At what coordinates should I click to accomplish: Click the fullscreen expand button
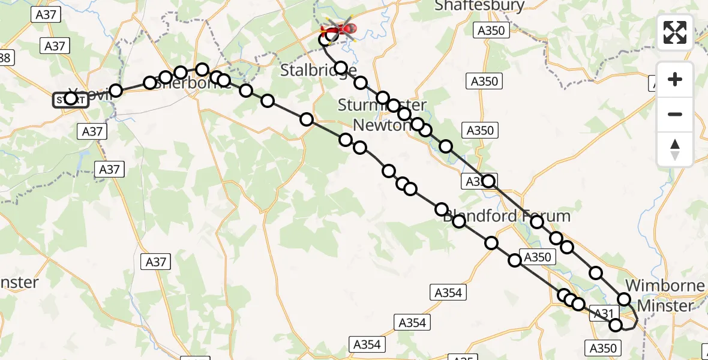pos(675,32)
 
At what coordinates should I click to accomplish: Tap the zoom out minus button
pos(675,114)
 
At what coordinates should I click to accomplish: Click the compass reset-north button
pos(675,149)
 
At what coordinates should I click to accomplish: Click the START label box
pos(71,100)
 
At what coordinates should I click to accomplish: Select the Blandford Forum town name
pos(506,216)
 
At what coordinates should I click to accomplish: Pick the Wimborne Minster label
pos(665,296)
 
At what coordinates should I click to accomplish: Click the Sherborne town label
pos(192,83)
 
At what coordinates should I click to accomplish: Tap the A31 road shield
pos(603,312)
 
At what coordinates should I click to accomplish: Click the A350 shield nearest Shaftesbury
pos(491,31)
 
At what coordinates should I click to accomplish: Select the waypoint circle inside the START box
pos(71,98)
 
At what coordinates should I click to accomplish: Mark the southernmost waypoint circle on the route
pos(616,325)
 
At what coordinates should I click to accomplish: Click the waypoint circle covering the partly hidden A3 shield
pos(488,181)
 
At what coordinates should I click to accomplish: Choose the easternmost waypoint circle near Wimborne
pos(624,299)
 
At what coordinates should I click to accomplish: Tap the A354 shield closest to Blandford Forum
pos(448,292)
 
